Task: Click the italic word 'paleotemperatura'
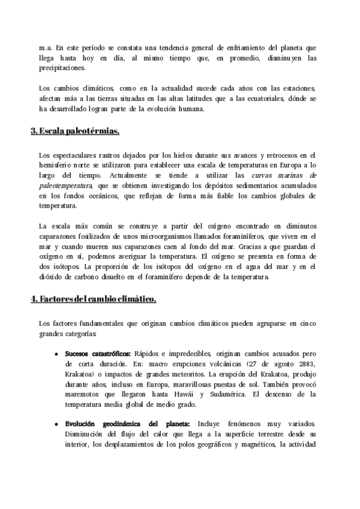pos(67,185)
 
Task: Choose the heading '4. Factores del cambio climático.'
pos(94,299)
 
